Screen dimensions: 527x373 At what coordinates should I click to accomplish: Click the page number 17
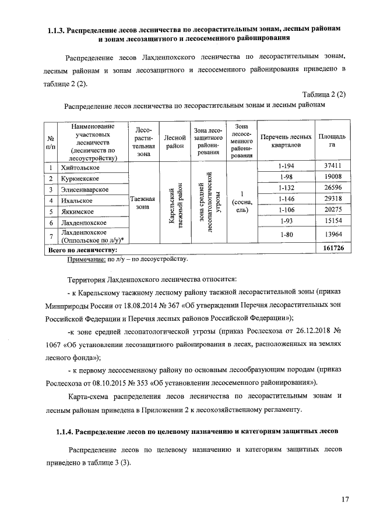coord(346,499)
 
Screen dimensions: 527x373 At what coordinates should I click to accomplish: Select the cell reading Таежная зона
coord(142,204)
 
